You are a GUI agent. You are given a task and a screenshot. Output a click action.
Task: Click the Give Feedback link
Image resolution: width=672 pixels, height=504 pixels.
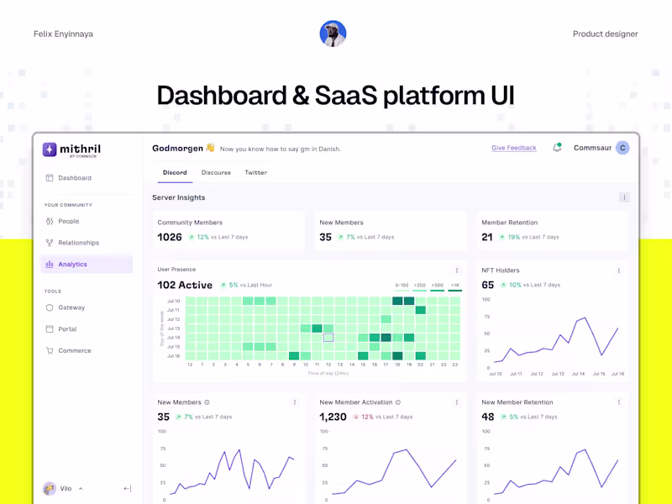point(513,148)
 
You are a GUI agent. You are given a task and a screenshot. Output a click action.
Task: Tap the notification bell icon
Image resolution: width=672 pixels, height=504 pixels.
point(556,148)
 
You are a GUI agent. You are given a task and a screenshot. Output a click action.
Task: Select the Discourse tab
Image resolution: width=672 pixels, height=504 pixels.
point(216,172)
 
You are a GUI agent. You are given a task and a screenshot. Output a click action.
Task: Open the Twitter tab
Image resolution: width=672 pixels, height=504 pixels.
point(255,172)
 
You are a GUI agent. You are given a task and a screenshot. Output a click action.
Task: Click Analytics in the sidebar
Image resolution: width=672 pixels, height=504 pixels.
point(72,265)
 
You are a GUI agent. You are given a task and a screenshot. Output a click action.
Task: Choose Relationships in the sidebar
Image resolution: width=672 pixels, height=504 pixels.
point(78,243)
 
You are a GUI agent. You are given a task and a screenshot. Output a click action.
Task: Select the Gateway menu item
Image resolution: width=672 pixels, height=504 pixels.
point(71,307)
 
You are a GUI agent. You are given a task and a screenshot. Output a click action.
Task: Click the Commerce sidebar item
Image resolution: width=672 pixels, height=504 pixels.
point(74,350)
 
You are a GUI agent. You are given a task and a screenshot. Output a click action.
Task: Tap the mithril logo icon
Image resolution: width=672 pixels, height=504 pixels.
point(50,150)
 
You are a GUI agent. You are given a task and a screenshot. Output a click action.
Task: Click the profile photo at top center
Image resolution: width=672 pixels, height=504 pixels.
point(333,34)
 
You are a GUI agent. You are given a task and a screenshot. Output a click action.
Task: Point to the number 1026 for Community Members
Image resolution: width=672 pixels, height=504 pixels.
point(170,238)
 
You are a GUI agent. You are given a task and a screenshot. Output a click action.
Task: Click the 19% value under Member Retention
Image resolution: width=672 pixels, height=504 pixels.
point(513,238)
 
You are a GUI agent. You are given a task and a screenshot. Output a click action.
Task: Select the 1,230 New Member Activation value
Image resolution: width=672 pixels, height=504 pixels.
point(333,417)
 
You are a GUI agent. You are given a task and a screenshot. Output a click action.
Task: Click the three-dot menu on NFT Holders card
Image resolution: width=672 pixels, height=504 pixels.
point(619,270)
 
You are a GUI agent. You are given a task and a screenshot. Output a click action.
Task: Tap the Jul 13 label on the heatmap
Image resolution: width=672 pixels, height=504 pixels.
point(174,328)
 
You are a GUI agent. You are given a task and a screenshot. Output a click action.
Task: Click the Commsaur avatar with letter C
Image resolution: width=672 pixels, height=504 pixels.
point(622,148)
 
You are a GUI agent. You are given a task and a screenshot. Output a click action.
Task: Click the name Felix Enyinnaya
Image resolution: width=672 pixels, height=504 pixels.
point(63,34)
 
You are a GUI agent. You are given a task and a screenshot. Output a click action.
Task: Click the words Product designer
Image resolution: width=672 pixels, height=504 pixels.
point(605,34)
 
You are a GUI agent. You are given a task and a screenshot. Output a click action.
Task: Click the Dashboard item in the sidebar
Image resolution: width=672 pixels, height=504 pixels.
point(75,178)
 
